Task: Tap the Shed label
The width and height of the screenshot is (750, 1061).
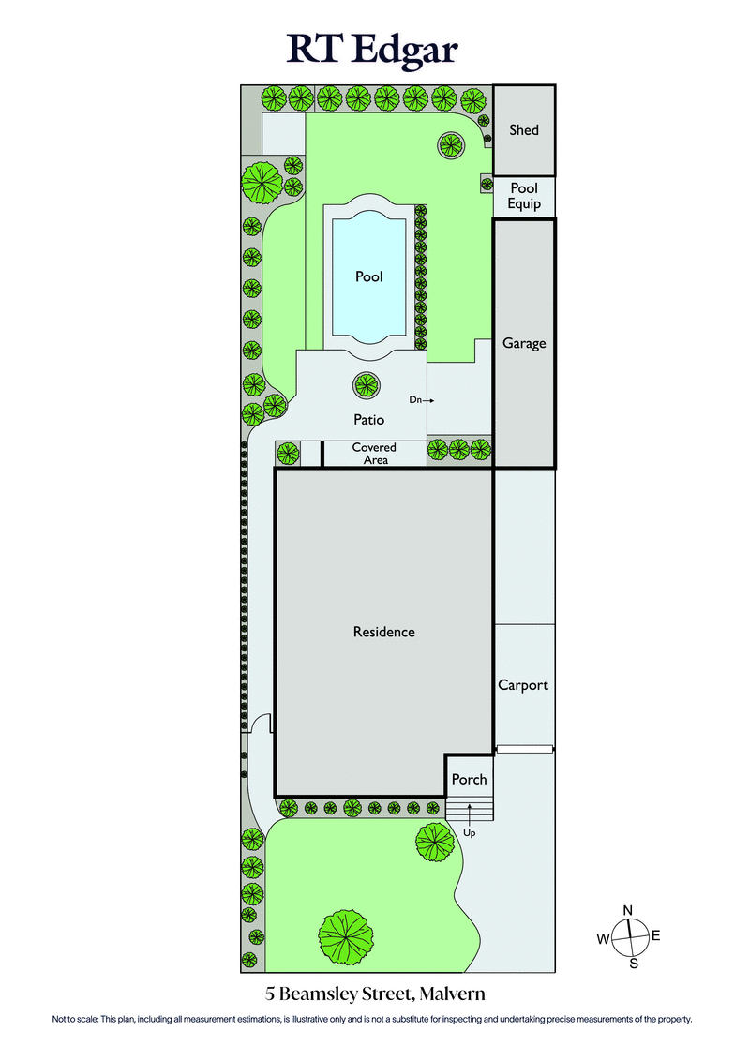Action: pyautogui.click(x=524, y=130)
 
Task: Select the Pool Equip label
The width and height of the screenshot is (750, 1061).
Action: pyautogui.click(x=524, y=196)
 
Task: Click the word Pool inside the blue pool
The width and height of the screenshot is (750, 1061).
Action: pyautogui.click(x=369, y=276)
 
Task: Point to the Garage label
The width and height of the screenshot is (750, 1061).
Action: pyautogui.click(x=524, y=343)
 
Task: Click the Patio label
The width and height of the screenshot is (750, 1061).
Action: pyautogui.click(x=368, y=421)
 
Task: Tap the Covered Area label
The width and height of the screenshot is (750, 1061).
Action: pyautogui.click(x=374, y=454)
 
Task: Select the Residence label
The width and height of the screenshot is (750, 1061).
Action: pyautogui.click(x=383, y=632)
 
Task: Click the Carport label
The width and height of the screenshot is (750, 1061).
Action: pyautogui.click(x=523, y=685)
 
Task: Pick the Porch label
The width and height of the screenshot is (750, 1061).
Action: pyautogui.click(x=469, y=779)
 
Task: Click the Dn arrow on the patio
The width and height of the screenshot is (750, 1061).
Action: pyautogui.click(x=423, y=400)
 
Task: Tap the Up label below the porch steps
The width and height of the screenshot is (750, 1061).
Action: pyautogui.click(x=470, y=831)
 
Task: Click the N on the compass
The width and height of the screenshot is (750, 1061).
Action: pyautogui.click(x=629, y=910)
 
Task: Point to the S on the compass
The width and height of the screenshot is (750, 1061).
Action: pyautogui.click(x=634, y=963)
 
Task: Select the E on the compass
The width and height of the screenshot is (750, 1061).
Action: pyautogui.click(x=656, y=935)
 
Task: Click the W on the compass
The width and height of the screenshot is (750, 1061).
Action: pyautogui.click(x=604, y=938)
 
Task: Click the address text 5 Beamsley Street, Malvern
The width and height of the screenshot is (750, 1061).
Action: pyautogui.click(x=375, y=994)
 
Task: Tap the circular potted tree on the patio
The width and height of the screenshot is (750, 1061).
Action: pyautogui.click(x=366, y=384)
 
